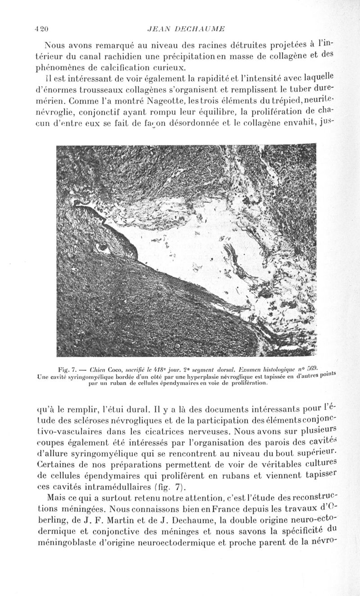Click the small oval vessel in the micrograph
pyautogui.click(x=102, y=247)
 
